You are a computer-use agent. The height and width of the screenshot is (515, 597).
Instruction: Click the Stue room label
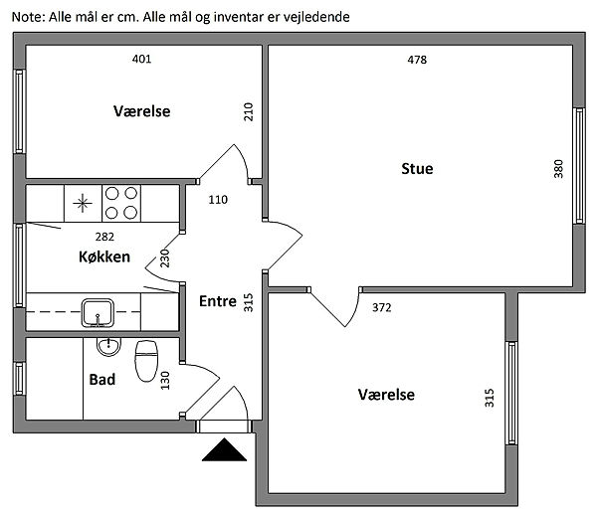(417, 169)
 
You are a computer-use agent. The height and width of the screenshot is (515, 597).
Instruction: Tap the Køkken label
(103, 257)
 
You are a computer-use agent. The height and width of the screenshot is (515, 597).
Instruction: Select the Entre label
(217, 301)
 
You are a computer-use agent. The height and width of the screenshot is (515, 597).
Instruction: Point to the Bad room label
(101, 380)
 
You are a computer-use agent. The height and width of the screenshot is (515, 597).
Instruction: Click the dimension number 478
(417, 60)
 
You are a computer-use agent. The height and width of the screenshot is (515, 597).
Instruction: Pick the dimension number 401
(141, 59)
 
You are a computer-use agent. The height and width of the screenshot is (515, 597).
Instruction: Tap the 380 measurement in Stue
(558, 169)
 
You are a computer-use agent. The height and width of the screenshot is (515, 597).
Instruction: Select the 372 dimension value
(381, 307)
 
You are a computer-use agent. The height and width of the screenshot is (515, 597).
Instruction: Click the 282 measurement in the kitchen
(104, 237)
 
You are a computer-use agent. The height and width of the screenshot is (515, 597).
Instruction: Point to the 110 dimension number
(218, 200)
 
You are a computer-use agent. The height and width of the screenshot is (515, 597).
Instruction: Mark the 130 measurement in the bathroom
(165, 380)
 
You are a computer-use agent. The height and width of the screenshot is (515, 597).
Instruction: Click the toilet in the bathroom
(147, 358)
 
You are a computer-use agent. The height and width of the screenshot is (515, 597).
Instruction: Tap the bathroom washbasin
(108, 347)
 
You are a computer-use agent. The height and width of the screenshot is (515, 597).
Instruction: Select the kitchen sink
(98, 313)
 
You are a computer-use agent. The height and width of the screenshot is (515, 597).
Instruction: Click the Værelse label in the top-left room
(141, 111)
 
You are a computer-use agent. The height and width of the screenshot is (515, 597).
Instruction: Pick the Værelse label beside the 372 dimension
(386, 395)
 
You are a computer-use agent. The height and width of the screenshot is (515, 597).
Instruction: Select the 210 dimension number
(249, 111)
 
